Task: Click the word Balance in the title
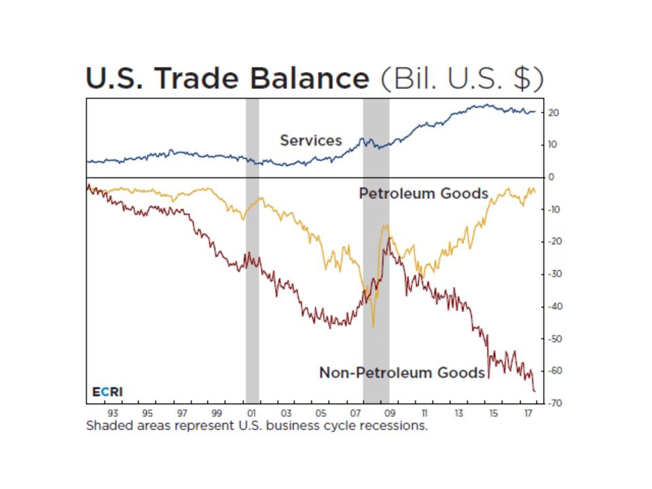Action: coord(309,79)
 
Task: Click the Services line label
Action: coord(311,141)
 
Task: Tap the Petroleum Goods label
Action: coord(423,194)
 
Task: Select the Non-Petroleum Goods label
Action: coord(402,372)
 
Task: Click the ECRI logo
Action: coord(107,392)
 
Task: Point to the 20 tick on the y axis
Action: coord(553,113)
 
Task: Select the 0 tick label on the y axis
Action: coord(551,177)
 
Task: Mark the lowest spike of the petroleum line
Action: coord(373,327)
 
